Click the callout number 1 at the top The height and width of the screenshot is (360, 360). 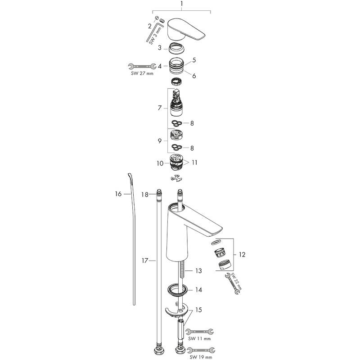[181, 5]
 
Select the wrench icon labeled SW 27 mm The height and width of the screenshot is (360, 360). [139, 66]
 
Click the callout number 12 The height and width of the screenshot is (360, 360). [242, 255]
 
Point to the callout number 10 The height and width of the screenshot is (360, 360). [160, 164]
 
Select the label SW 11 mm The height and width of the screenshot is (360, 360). [200, 338]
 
